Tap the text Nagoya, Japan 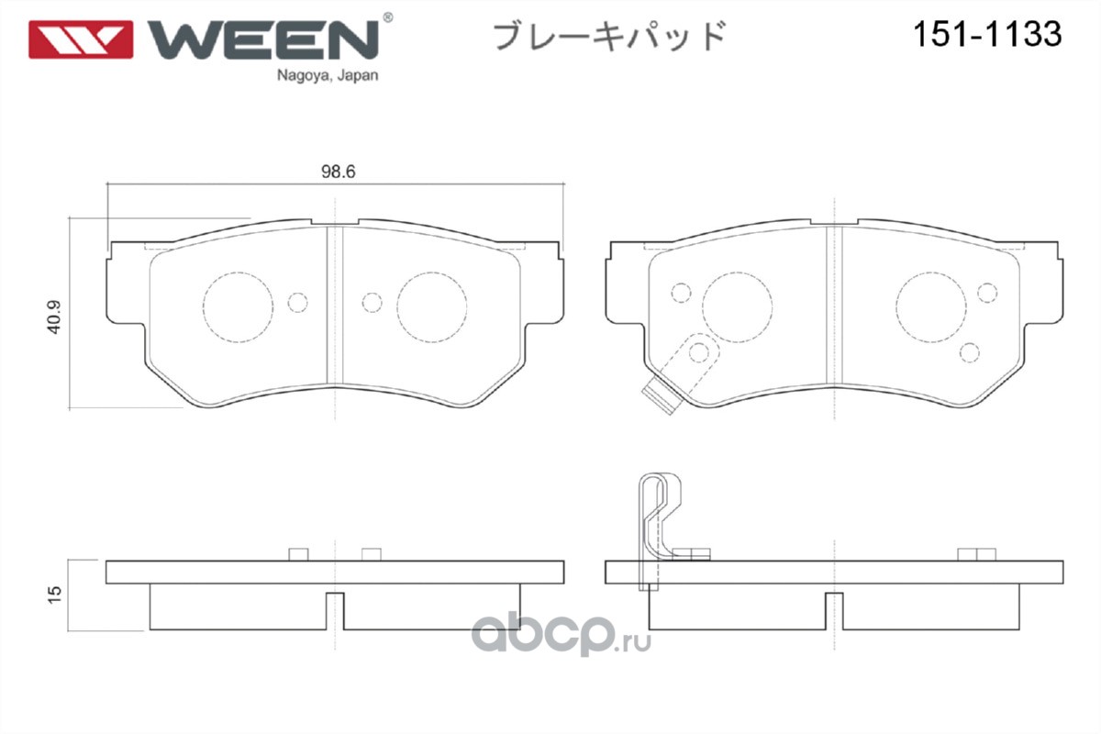tap(327, 77)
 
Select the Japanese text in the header tap(610, 37)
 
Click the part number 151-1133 tap(985, 35)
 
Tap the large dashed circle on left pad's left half tap(238, 307)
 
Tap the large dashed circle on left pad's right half tap(431, 307)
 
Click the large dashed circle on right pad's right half tap(930, 307)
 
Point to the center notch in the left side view tap(336, 610)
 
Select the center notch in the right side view tap(833, 610)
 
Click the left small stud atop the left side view tap(297, 553)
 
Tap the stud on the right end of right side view tap(976, 553)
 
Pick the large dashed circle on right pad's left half tap(737, 307)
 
